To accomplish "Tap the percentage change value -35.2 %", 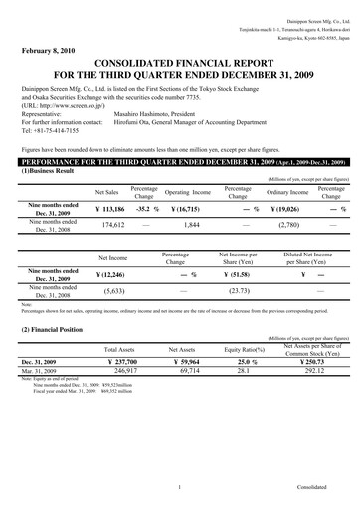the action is pyautogui.click(x=144, y=210).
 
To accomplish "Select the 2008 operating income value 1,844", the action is pyautogui.click(x=193, y=227).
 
